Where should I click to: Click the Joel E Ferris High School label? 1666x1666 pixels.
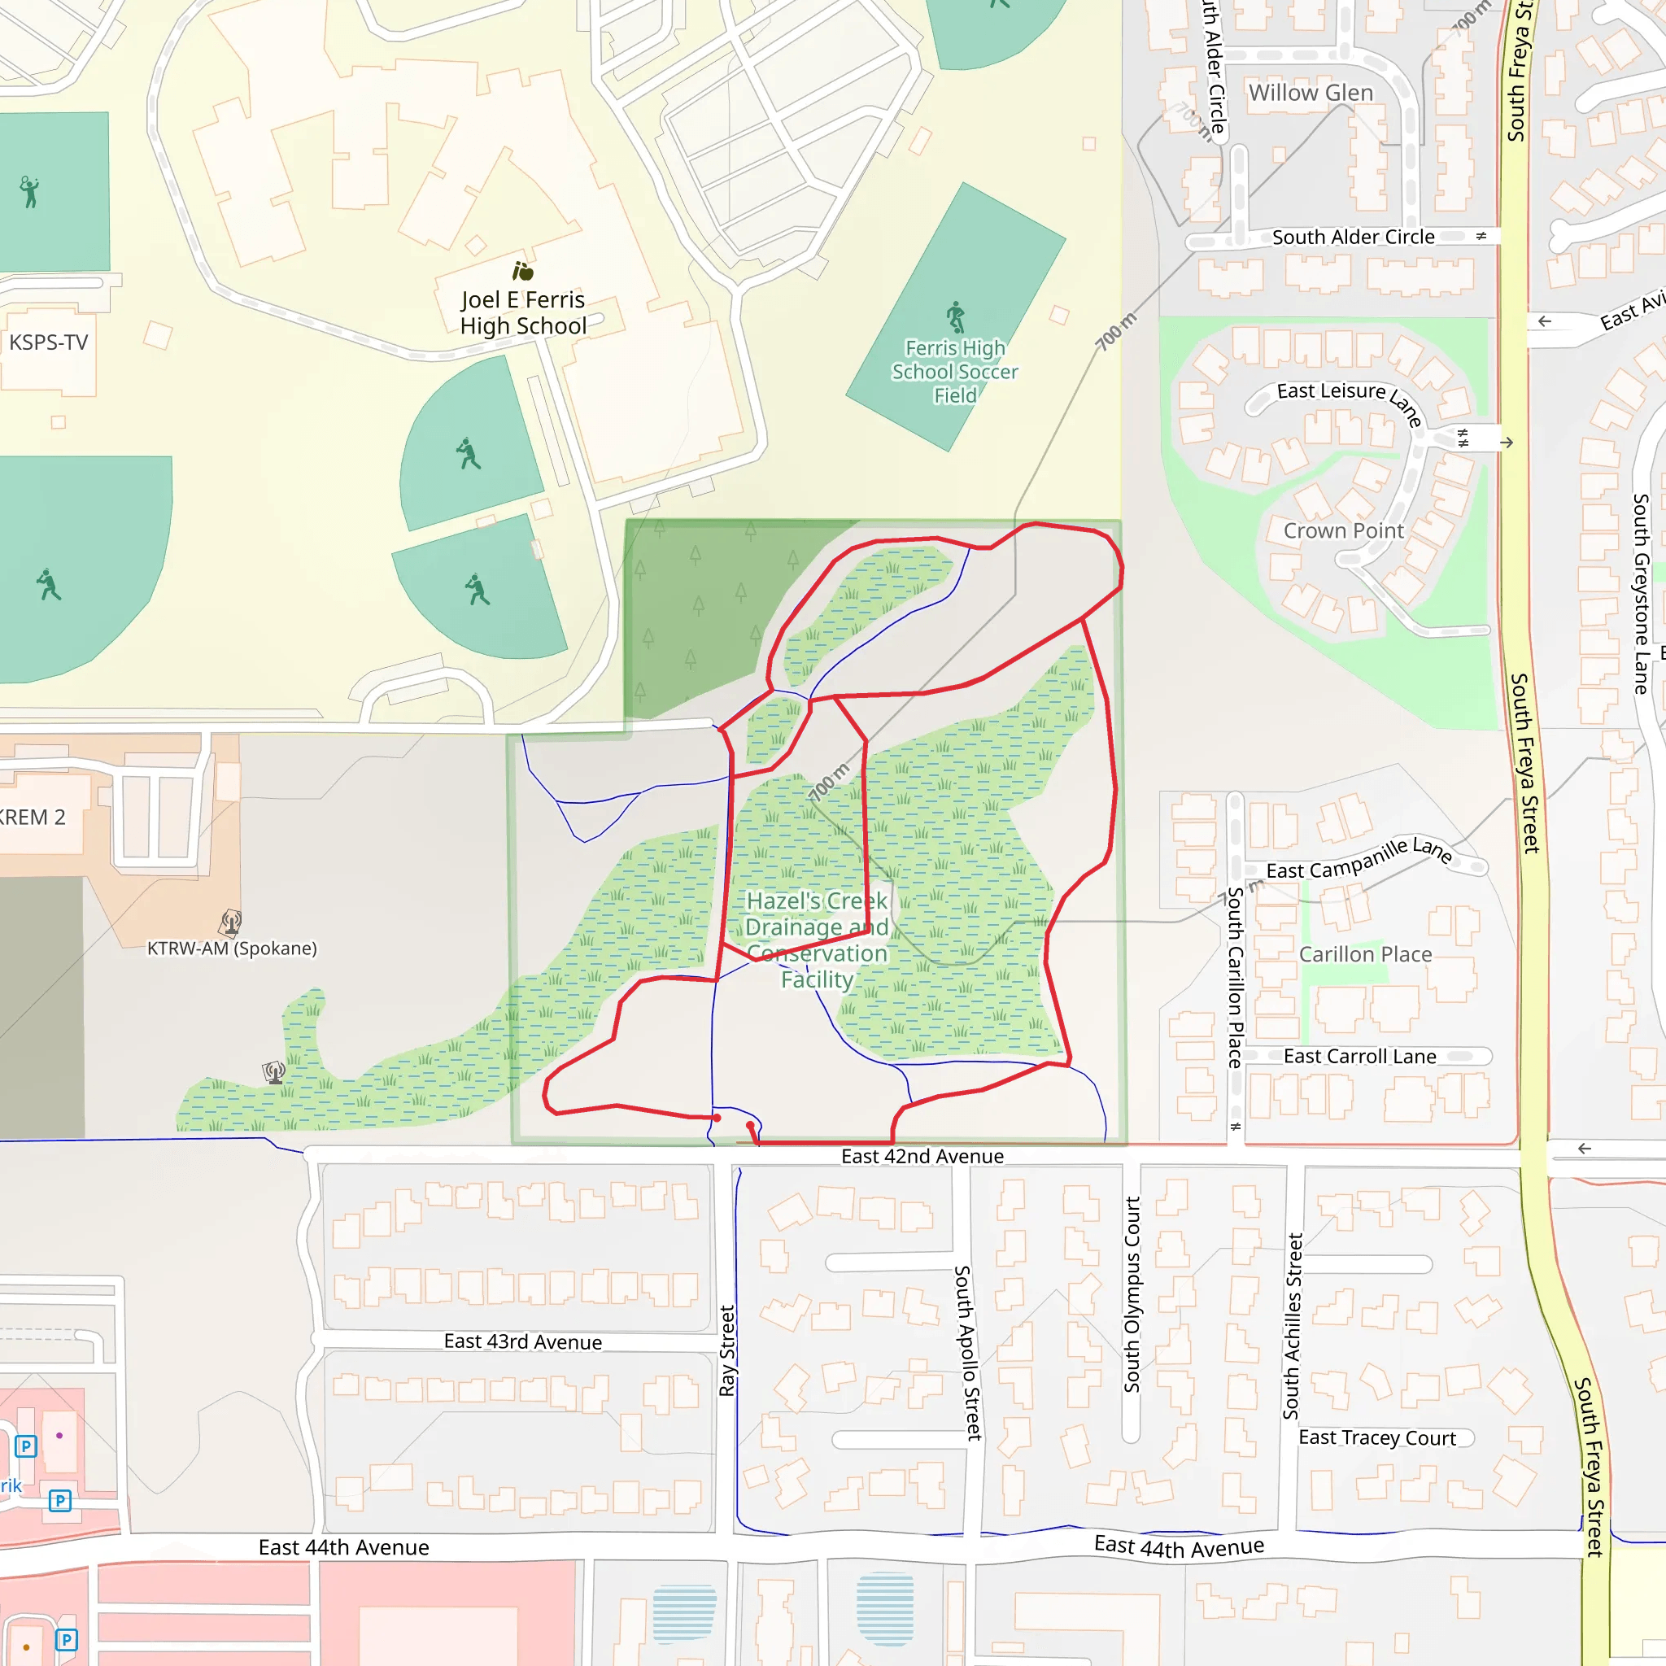[522, 313]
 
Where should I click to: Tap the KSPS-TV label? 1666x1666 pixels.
[48, 342]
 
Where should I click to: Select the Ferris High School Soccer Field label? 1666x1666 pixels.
[954, 372]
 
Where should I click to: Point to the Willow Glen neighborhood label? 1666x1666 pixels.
[1310, 93]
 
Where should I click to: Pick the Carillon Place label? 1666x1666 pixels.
[1365, 954]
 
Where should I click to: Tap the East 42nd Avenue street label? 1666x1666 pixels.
[922, 1157]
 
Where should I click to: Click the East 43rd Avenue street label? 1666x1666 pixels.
[522, 1341]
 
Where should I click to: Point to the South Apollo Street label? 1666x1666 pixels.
[967, 1353]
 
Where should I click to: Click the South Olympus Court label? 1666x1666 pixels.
[1132, 1294]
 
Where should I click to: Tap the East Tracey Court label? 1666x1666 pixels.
[1377, 1437]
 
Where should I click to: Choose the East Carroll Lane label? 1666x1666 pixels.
[1359, 1057]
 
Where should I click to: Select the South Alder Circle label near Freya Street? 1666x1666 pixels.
[1353, 238]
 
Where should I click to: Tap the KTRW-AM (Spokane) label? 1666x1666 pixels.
[232, 949]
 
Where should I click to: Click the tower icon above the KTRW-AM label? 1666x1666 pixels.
[230, 922]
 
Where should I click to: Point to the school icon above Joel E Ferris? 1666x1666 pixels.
[522, 272]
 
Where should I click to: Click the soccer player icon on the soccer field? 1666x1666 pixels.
[956, 316]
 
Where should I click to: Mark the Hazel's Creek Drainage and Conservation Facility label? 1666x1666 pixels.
[817, 940]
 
